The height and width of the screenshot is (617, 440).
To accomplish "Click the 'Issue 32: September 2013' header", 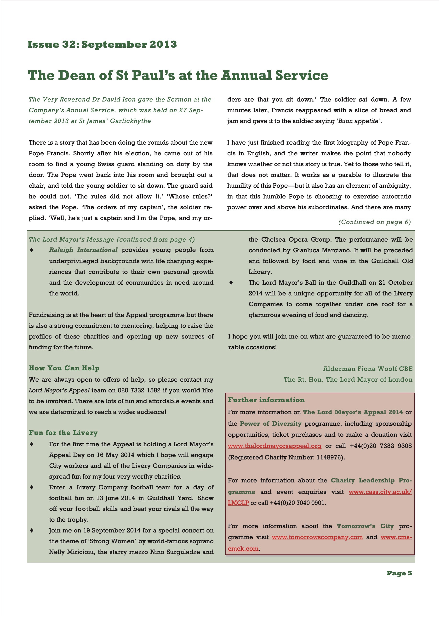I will (x=102, y=44).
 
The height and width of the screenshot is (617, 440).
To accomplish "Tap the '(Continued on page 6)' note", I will (x=374, y=222).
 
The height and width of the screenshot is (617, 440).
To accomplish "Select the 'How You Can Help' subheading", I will (x=64, y=368).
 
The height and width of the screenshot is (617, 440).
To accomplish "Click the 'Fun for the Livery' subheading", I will (x=63, y=433).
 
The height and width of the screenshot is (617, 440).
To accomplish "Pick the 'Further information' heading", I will (x=266, y=400).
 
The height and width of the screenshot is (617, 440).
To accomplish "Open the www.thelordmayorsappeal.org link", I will (x=274, y=446).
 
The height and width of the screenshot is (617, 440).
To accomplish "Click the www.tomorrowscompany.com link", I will (x=317, y=537).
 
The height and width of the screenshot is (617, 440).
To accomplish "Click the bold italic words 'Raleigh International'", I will (x=83, y=250).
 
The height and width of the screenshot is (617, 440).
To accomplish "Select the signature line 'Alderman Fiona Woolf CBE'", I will (x=368, y=369).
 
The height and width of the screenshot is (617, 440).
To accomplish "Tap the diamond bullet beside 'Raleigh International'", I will (x=32, y=250).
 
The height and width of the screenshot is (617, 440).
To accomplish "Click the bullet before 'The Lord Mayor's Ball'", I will (x=231, y=283).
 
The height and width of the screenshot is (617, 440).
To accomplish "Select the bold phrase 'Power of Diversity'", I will (x=270, y=424).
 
